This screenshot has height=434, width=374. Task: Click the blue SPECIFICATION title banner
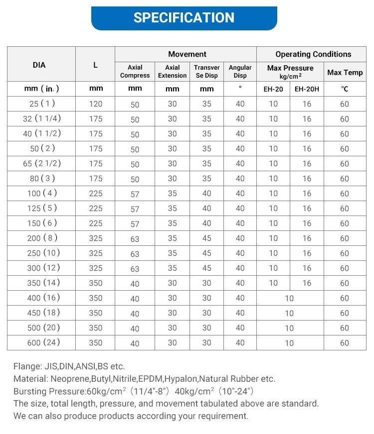click(184, 18)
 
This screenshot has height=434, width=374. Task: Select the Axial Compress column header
click(135, 71)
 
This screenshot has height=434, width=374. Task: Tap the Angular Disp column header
click(240, 71)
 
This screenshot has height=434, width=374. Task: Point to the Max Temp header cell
click(345, 72)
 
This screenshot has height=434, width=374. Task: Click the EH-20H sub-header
click(307, 89)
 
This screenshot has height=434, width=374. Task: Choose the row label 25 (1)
click(42, 104)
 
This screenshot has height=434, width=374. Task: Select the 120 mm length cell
click(95, 104)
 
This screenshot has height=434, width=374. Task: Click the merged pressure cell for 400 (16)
click(289, 298)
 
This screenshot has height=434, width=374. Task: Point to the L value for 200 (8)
click(95, 238)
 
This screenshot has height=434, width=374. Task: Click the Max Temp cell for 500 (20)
click(345, 328)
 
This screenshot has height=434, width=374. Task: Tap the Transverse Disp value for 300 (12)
click(206, 268)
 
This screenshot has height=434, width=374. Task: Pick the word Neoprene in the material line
click(67, 379)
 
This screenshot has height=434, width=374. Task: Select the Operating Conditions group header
click(313, 54)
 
